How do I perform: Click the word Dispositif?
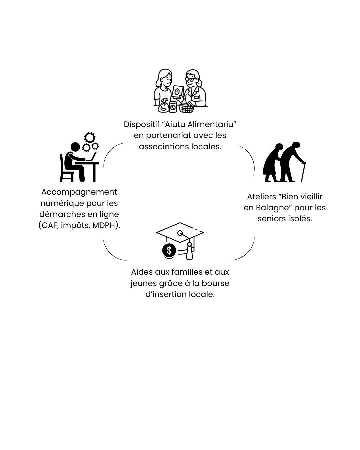141,124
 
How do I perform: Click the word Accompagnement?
79,192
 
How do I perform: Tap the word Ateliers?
261,197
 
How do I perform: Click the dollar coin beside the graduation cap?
169,250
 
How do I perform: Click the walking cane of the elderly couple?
303,172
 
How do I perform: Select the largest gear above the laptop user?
90,137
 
